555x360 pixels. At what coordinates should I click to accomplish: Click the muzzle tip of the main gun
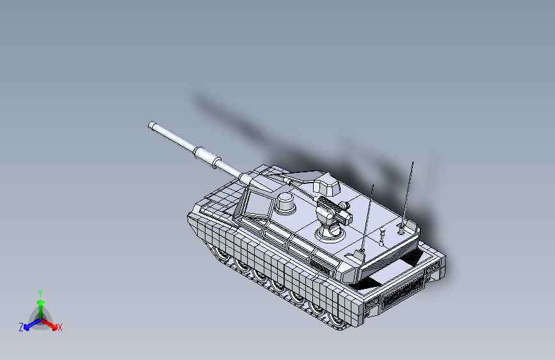152,125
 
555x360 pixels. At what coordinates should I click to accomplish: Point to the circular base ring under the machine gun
329,231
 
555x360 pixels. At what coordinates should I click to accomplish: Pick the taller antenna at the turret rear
408,192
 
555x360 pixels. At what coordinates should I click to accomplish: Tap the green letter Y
40,291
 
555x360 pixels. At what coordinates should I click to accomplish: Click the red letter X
60,328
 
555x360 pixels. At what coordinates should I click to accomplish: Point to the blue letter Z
21,327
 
